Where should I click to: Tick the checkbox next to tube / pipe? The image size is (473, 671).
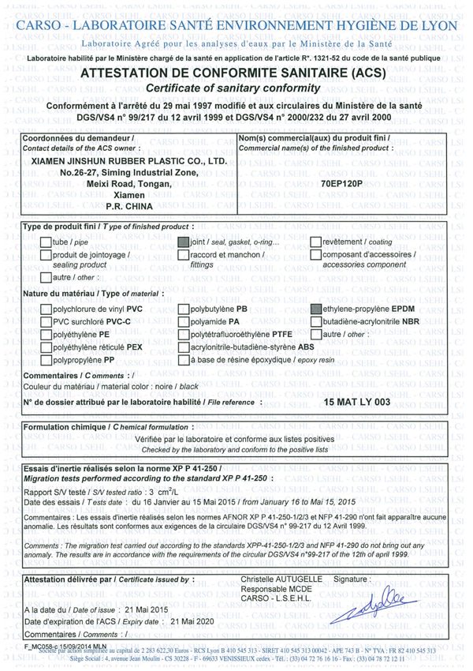click(45, 242)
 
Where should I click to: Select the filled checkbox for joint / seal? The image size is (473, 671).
click(184, 242)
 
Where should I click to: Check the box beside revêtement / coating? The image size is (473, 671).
click(316, 242)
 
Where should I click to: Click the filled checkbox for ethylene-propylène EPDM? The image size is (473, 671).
click(317, 309)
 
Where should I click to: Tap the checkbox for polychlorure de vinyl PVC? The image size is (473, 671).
click(45, 309)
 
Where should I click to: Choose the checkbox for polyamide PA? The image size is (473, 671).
click(184, 322)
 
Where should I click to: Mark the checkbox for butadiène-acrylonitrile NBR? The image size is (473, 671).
click(317, 322)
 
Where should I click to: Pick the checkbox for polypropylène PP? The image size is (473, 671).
click(45, 360)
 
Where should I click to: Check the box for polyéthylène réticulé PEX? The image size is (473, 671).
click(45, 347)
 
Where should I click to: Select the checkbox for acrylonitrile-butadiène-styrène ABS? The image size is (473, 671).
click(184, 347)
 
